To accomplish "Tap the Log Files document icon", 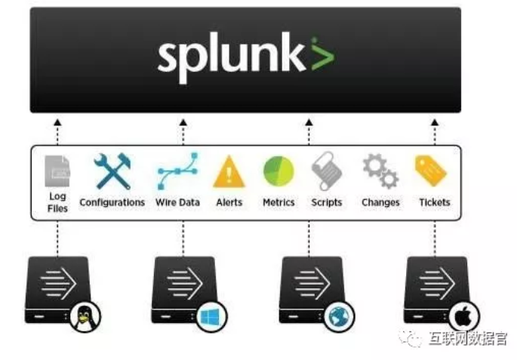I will pyautogui.click(x=57, y=171).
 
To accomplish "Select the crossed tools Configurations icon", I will pyautogui.click(x=112, y=171).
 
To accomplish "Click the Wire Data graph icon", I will pyautogui.click(x=177, y=171).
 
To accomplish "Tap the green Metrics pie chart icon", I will pyautogui.click(x=279, y=171).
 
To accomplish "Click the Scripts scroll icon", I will pyautogui.click(x=326, y=171).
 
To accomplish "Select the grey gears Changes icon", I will pyautogui.click(x=380, y=171).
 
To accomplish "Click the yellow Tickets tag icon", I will pyautogui.click(x=431, y=171).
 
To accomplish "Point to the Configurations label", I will pyautogui.click(x=112, y=202).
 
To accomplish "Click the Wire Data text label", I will pyautogui.click(x=177, y=202).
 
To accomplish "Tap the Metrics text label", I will pyautogui.click(x=279, y=202).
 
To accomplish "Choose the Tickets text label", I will pyautogui.click(x=434, y=202).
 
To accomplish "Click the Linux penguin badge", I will pyautogui.click(x=85, y=316).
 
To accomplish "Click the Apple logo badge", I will pyautogui.click(x=463, y=316).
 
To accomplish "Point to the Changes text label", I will pyautogui.click(x=380, y=202).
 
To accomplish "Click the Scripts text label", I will pyautogui.click(x=326, y=202).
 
